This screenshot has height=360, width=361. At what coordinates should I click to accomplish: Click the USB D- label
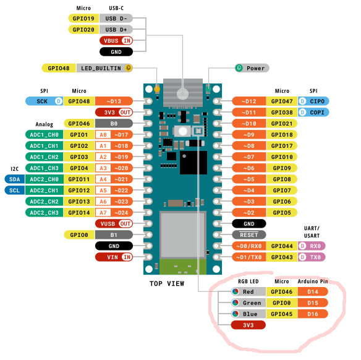pos(116,19)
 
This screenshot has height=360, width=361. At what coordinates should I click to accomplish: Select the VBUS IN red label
pos(116,41)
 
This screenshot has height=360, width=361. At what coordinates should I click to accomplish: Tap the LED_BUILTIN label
pos(104,68)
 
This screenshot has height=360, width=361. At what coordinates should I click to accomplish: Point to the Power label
pos(252,68)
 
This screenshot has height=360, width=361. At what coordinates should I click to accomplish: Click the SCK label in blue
pos(45,101)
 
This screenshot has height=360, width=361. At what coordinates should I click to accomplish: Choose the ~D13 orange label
pos(114,101)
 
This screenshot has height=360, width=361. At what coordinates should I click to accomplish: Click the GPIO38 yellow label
pos(282,113)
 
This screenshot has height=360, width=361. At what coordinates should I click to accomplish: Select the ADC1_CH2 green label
pos(45,157)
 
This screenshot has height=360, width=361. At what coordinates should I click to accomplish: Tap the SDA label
pos(15,179)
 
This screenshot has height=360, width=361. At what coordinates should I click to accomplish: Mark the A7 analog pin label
pos(103,213)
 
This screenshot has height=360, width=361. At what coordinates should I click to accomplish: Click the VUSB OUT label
pos(114,224)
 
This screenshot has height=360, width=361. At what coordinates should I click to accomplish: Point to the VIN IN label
pos(114,257)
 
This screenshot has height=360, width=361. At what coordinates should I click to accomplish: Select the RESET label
pos(249,235)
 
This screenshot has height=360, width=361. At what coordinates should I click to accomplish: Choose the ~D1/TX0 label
pos(249,257)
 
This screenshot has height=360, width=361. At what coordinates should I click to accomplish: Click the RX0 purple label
pos(312,246)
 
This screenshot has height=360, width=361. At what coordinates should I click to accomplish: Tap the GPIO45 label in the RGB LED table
pos(282,314)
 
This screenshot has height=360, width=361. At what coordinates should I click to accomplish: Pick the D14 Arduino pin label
pos(313,292)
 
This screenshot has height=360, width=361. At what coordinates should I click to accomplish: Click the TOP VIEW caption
pos(167,283)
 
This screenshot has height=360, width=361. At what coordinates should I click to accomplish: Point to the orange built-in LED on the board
pos(157,89)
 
